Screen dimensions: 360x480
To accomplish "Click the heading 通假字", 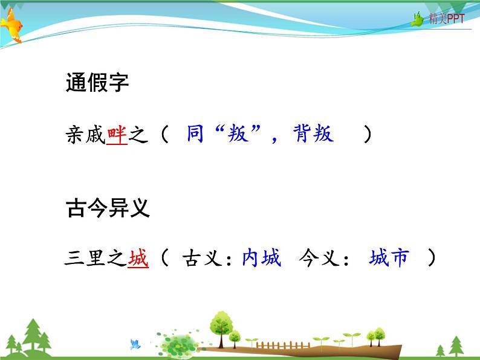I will pos(97,83).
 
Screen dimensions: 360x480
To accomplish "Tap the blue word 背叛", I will pos(313,133).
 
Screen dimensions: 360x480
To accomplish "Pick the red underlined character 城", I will pos(138,259).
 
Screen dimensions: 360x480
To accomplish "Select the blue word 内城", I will pos(261,259).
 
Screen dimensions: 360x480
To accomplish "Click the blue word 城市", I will pos(389,259).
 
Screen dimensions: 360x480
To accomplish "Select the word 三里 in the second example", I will pos(85,259).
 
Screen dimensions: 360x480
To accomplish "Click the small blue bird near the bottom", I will pos(135,344).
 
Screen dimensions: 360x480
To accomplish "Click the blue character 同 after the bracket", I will pos(194,133).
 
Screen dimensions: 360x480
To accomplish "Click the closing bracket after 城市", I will pos(431,259).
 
